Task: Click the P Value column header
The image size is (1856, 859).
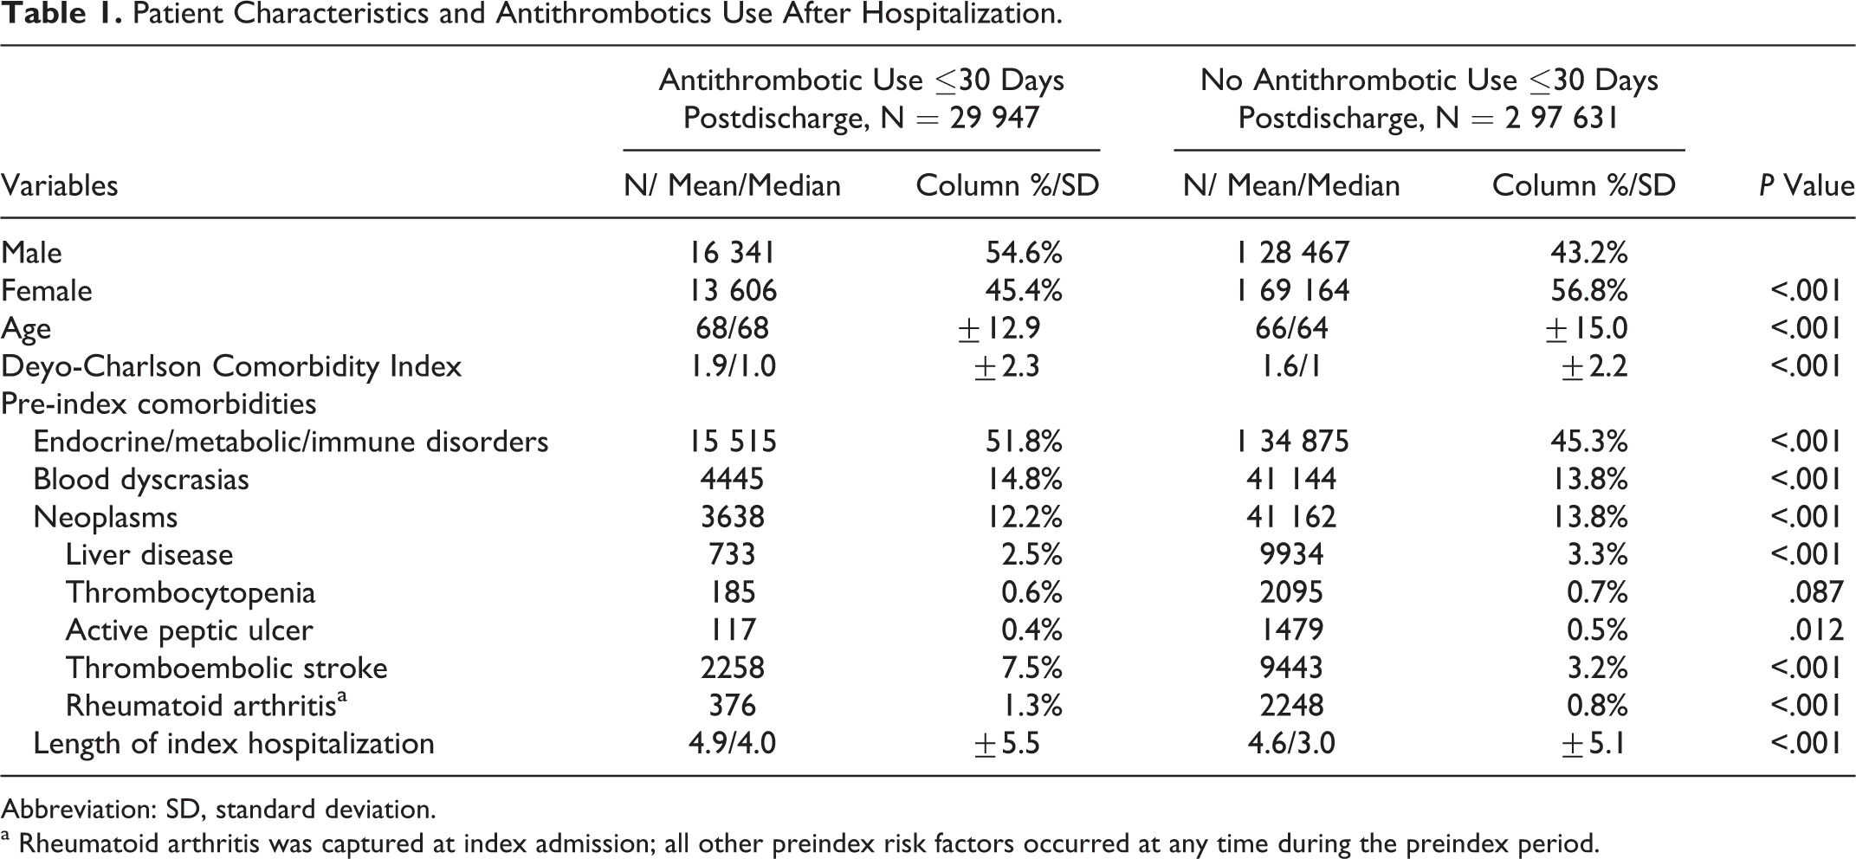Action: tap(1807, 185)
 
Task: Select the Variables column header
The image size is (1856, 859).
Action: tap(60, 185)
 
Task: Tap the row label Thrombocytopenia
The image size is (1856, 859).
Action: tap(191, 592)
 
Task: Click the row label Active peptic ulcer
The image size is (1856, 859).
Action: tap(189, 630)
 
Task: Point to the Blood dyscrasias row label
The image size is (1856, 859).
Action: tap(141, 480)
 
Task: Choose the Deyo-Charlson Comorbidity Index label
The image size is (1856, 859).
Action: tap(231, 366)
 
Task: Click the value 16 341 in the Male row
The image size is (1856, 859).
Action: tap(733, 252)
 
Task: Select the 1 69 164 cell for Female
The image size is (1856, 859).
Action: tap(1292, 290)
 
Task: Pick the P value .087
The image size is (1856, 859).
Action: tap(1816, 592)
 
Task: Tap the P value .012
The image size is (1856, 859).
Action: tap(1816, 630)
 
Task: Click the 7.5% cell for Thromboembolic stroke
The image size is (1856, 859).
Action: tap(1031, 668)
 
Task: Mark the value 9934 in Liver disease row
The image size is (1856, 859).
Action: tap(1292, 554)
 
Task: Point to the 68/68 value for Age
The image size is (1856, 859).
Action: tap(733, 328)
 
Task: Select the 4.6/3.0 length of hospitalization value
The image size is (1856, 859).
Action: tap(1292, 744)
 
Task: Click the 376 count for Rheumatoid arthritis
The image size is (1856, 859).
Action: tap(733, 706)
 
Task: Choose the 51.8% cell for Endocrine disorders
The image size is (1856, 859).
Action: tap(1025, 442)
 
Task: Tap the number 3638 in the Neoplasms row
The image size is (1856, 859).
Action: tap(733, 517)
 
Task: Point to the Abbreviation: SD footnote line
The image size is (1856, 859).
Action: tap(218, 810)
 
